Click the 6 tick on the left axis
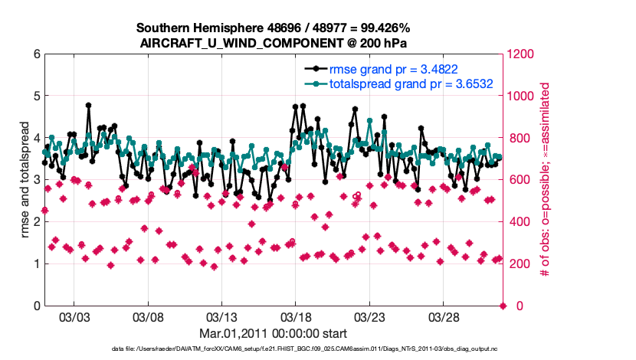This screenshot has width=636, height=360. pyautogui.click(x=36, y=54)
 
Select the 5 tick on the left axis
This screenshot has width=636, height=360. pyautogui.click(x=36, y=97)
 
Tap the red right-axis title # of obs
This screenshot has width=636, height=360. pyautogui.click(x=545, y=180)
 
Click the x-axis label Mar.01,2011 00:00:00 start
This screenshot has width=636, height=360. pyautogui.click(x=274, y=333)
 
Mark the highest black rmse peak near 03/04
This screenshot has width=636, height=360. pyautogui.click(x=88, y=105)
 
